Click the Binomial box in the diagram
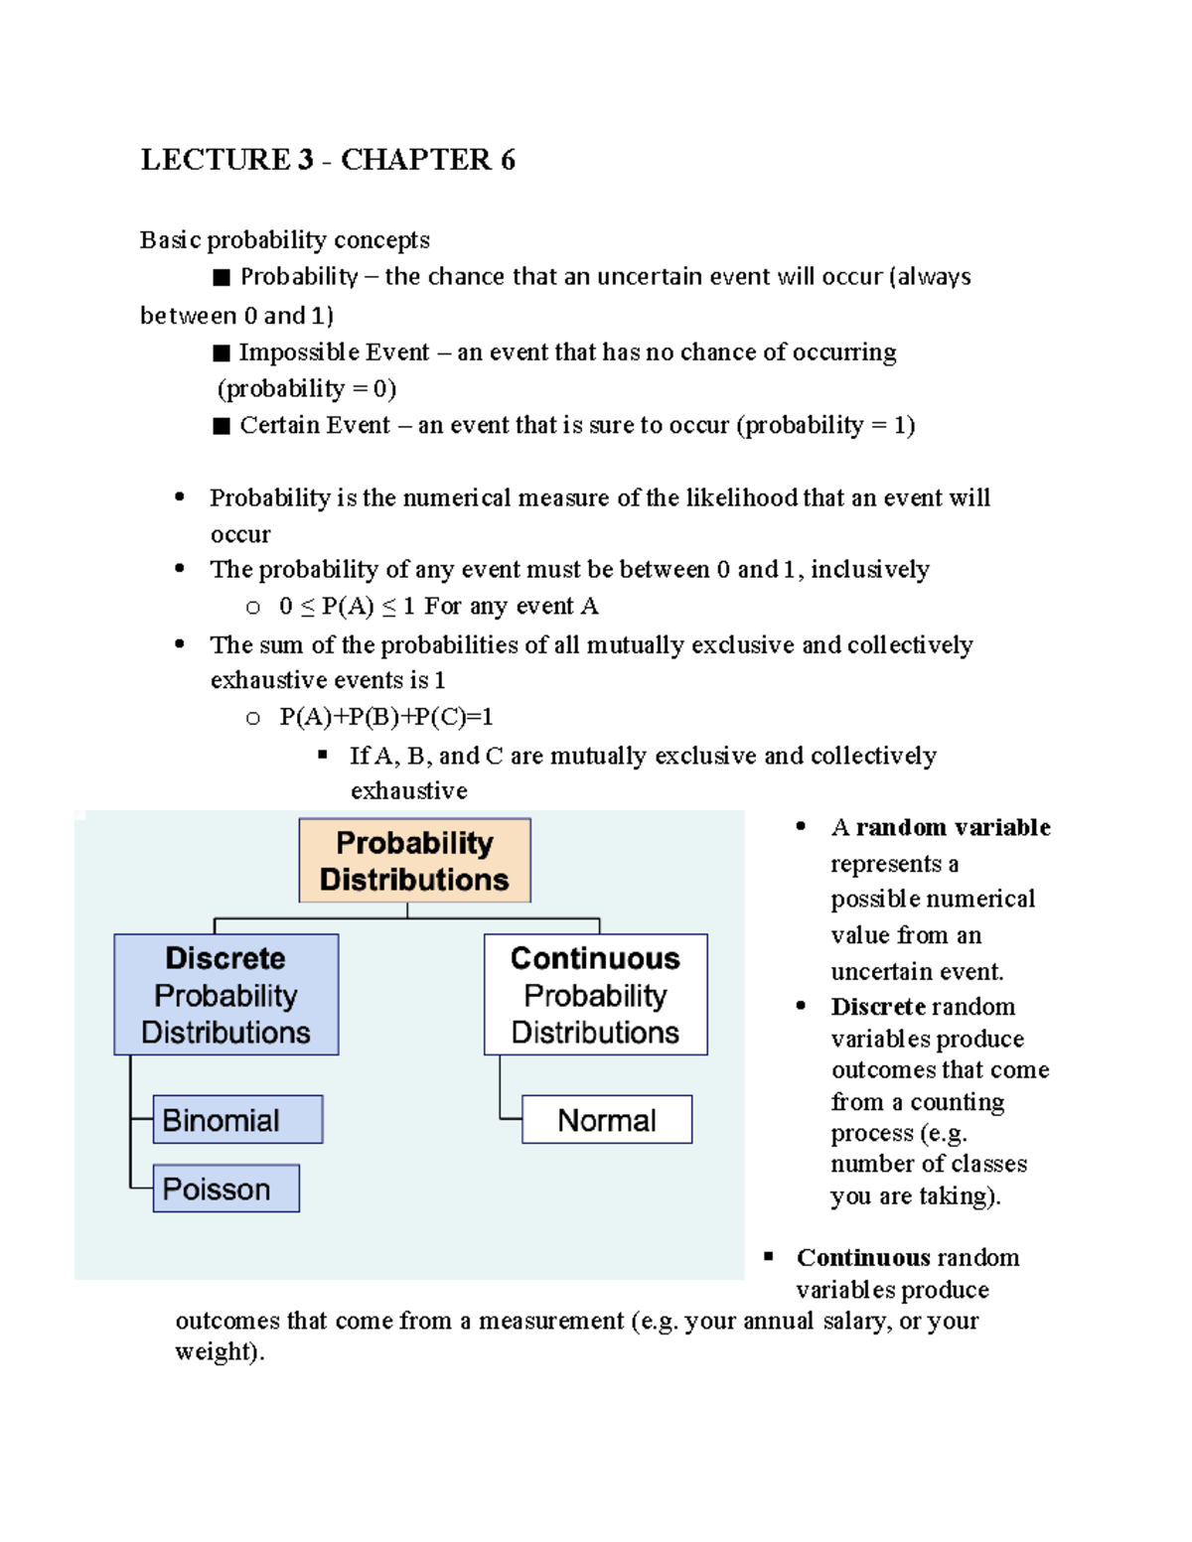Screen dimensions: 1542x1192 pyautogui.click(x=237, y=1119)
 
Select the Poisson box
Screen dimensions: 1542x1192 pyautogui.click(x=225, y=1189)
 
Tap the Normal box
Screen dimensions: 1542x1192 pyautogui.click(x=606, y=1119)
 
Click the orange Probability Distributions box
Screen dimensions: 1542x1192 pyautogui.click(x=414, y=861)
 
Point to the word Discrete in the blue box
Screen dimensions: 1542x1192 pyautogui.click(x=225, y=958)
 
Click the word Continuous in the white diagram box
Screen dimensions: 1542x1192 pyautogui.click(x=595, y=958)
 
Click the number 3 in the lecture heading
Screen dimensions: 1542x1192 pyautogui.click(x=305, y=160)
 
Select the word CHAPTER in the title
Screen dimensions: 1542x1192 pyautogui.click(x=416, y=160)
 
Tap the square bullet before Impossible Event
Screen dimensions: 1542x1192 pyautogui.click(x=222, y=353)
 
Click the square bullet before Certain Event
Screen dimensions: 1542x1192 pyautogui.click(x=222, y=427)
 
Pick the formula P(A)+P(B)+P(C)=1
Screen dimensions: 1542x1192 pyautogui.click(x=386, y=717)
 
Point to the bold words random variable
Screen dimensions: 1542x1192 pyautogui.click(x=953, y=827)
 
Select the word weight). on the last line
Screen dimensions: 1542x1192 pyautogui.click(x=220, y=1352)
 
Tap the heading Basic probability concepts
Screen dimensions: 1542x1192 pyautogui.click(x=284, y=240)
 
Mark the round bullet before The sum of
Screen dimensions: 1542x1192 pyautogui.click(x=180, y=643)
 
